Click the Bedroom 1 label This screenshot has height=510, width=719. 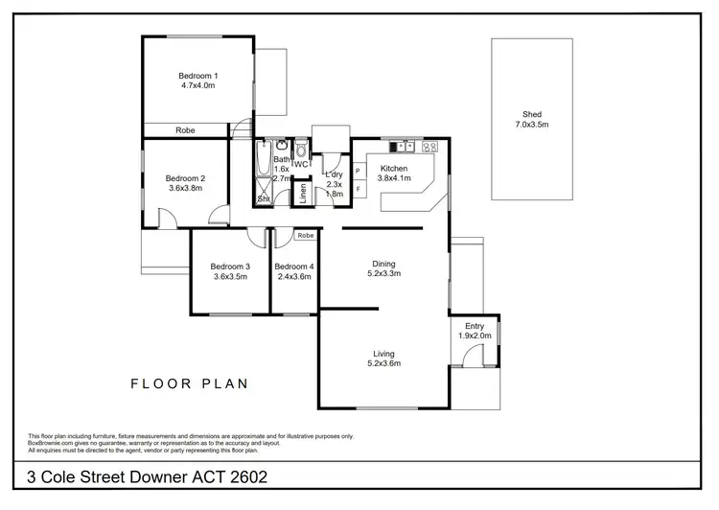pyautogui.click(x=198, y=76)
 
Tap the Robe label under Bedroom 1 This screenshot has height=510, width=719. pyautogui.click(x=185, y=130)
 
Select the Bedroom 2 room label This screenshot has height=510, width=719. pyautogui.click(x=185, y=178)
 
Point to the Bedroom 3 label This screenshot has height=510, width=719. pyautogui.click(x=230, y=267)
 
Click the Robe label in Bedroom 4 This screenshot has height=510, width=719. pyautogui.click(x=305, y=235)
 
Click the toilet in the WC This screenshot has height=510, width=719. pyautogui.click(x=301, y=151)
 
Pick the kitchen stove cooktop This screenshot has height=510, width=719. pyautogui.click(x=429, y=147)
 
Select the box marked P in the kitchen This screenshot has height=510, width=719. pyautogui.click(x=358, y=171)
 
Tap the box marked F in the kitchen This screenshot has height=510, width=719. pyautogui.click(x=358, y=189)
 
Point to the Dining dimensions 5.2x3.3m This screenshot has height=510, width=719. pyautogui.click(x=383, y=274)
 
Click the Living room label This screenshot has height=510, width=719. pyautogui.click(x=383, y=354)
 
